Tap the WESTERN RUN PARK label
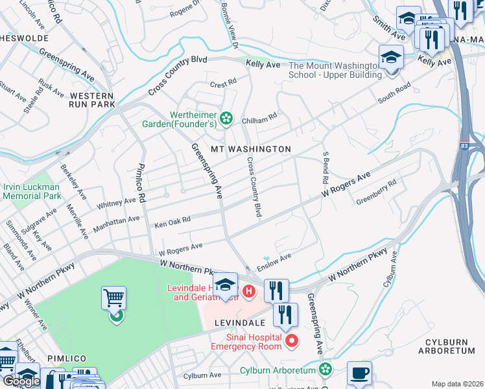click(92, 100)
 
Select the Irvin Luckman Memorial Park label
click(32, 191)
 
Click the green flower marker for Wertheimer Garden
click(226, 117)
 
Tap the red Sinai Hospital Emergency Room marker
click(291, 340)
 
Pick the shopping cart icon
click(113, 299)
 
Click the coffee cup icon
click(359, 373)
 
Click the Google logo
click(21, 381)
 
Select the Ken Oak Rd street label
click(172, 222)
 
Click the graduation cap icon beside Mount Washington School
click(391, 57)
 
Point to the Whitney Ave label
click(117, 203)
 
